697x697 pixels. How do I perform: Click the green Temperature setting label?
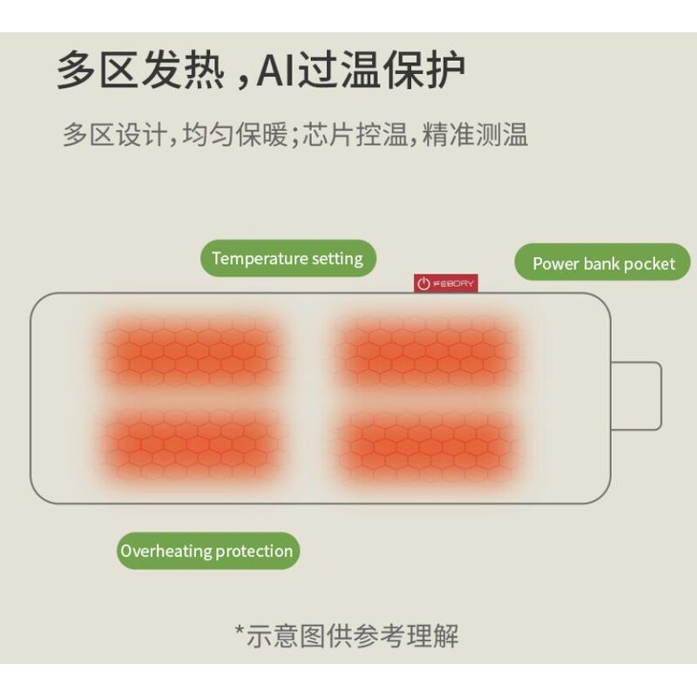288,258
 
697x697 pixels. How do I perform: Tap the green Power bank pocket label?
602,263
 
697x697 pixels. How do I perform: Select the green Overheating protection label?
207,551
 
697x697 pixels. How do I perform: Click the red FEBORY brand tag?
446,283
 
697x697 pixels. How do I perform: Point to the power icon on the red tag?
423,283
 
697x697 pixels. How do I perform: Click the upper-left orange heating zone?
189,351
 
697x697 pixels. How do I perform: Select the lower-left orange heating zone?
189,444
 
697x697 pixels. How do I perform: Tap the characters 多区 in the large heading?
97,71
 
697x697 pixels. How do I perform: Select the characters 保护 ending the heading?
424,71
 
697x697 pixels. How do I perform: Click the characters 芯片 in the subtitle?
328,134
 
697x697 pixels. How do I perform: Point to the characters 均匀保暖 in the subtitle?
235,134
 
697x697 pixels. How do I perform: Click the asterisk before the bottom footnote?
240,630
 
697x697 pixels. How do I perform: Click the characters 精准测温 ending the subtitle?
475,134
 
